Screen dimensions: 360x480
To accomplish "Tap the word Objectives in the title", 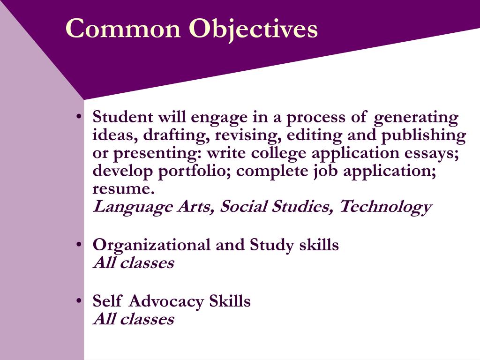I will click(253, 29).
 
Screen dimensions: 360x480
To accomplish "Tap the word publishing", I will click(423, 136).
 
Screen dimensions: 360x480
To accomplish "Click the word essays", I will click(435, 153).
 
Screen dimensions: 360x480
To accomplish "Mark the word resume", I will click(123, 189).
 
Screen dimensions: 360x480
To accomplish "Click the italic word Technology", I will click(385, 207).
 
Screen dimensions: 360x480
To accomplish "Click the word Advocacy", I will click(166, 301).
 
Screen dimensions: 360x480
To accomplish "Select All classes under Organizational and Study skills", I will click(134, 263).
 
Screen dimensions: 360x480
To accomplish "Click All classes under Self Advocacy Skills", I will click(134, 319).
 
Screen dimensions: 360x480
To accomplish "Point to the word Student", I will click(123, 117).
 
